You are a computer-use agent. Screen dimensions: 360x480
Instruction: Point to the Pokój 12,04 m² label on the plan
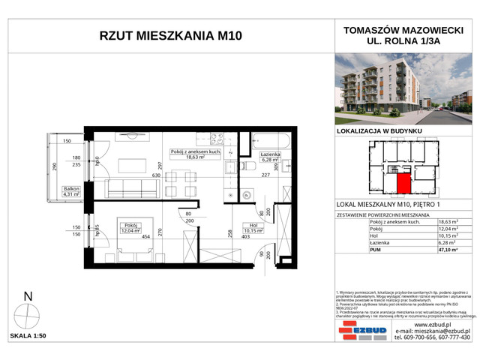132,226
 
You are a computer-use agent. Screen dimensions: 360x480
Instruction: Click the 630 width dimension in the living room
157,175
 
